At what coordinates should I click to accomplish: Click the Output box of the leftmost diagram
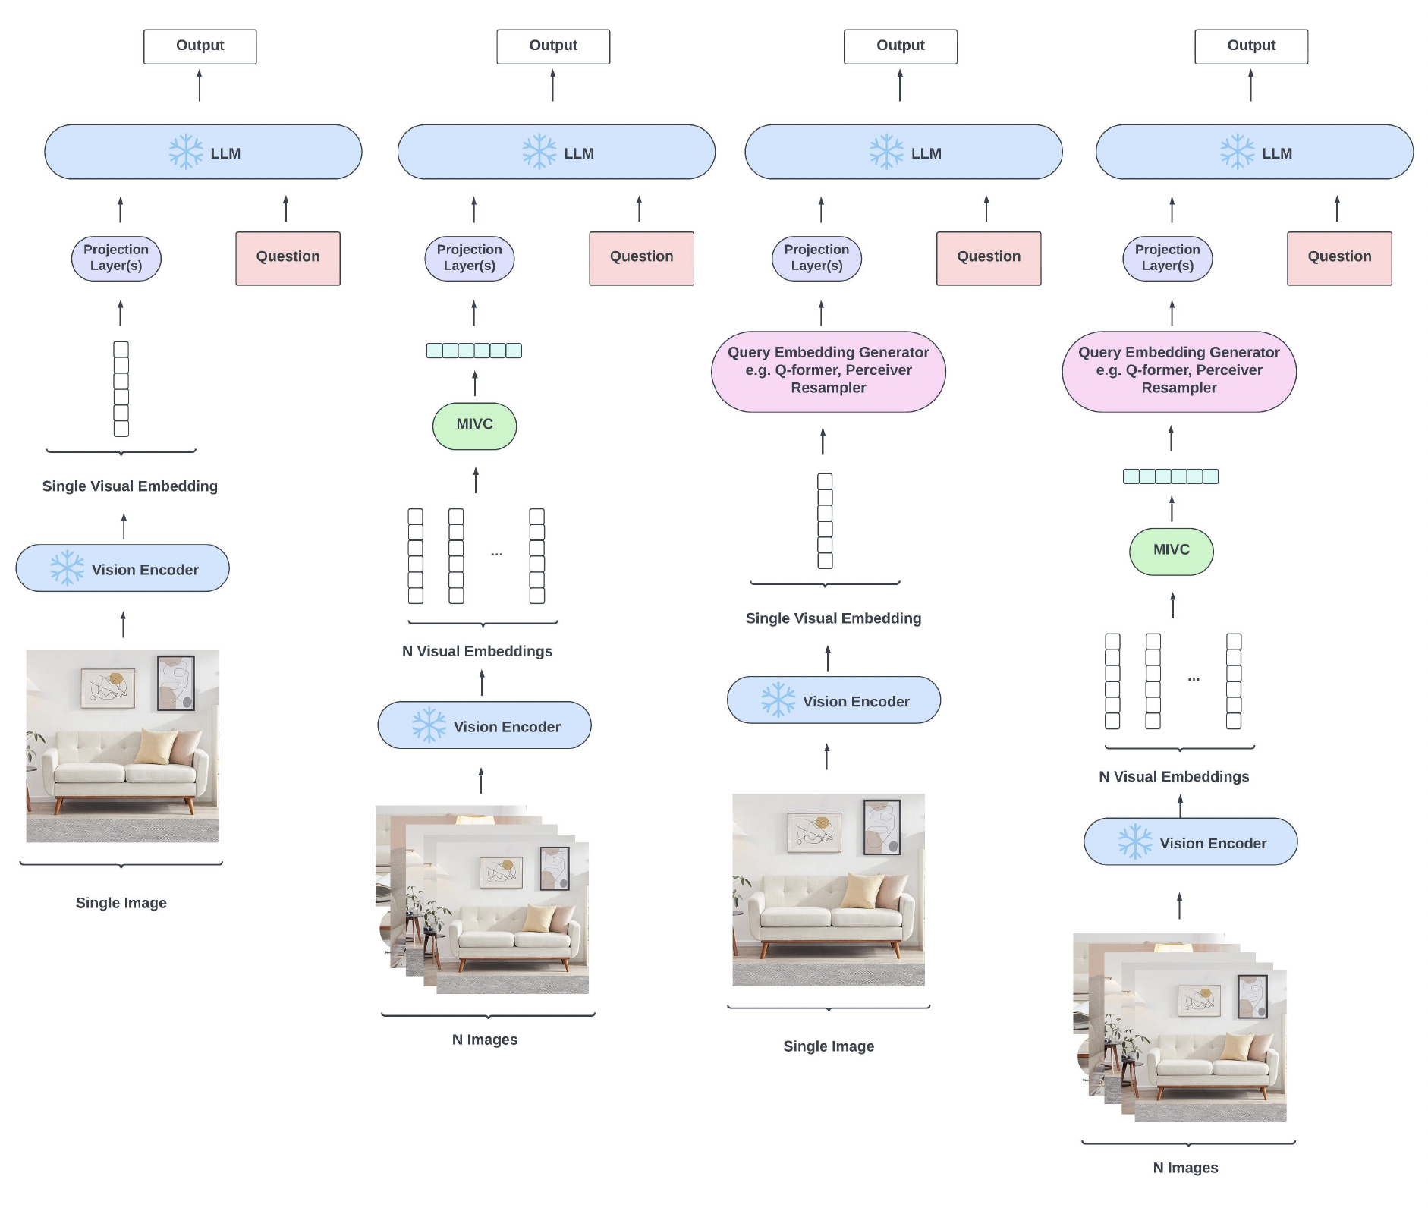pyautogui.click(x=200, y=46)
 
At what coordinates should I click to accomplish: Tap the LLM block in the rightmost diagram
pyautogui.click(x=1253, y=153)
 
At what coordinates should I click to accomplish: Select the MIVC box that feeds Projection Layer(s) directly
pyautogui.click(x=474, y=426)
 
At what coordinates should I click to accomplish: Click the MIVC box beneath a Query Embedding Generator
pyautogui.click(x=1171, y=551)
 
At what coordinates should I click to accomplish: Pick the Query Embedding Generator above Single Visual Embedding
pyautogui.click(x=828, y=371)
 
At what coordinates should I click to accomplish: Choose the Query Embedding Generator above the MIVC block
pyautogui.click(x=1178, y=371)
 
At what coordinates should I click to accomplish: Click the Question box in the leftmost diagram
pyautogui.click(x=288, y=258)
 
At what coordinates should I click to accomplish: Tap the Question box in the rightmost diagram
pyautogui.click(x=1339, y=258)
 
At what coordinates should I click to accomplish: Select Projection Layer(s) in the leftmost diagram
pyautogui.click(x=116, y=258)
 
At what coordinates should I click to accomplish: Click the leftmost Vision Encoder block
pyautogui.click(x=122, y=568)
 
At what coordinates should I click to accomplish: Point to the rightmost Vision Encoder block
pyautogui.click(x=1191, y=841)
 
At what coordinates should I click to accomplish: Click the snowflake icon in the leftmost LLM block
pyautogui.click(x=186, y=152)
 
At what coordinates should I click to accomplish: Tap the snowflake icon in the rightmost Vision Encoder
pyautogui.click(x=1135, y=841)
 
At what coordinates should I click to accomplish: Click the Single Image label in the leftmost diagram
pyautogui.click(x=121, y=903)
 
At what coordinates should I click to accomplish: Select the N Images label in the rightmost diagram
pyautogui.click(x=1185, y=1168)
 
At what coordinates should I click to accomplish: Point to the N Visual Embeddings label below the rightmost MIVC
pyautogui.click(x=1174, y=776)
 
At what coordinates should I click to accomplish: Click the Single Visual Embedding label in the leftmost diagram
pyautogui.click(x=130, y=486)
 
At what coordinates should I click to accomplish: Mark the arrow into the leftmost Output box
pyautogui.click(x=200, y=85)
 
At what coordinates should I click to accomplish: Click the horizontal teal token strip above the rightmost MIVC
pyautogui.click(x=1171, y=477)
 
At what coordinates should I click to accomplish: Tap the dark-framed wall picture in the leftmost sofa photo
pyautogui.click(x=176, y=683)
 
